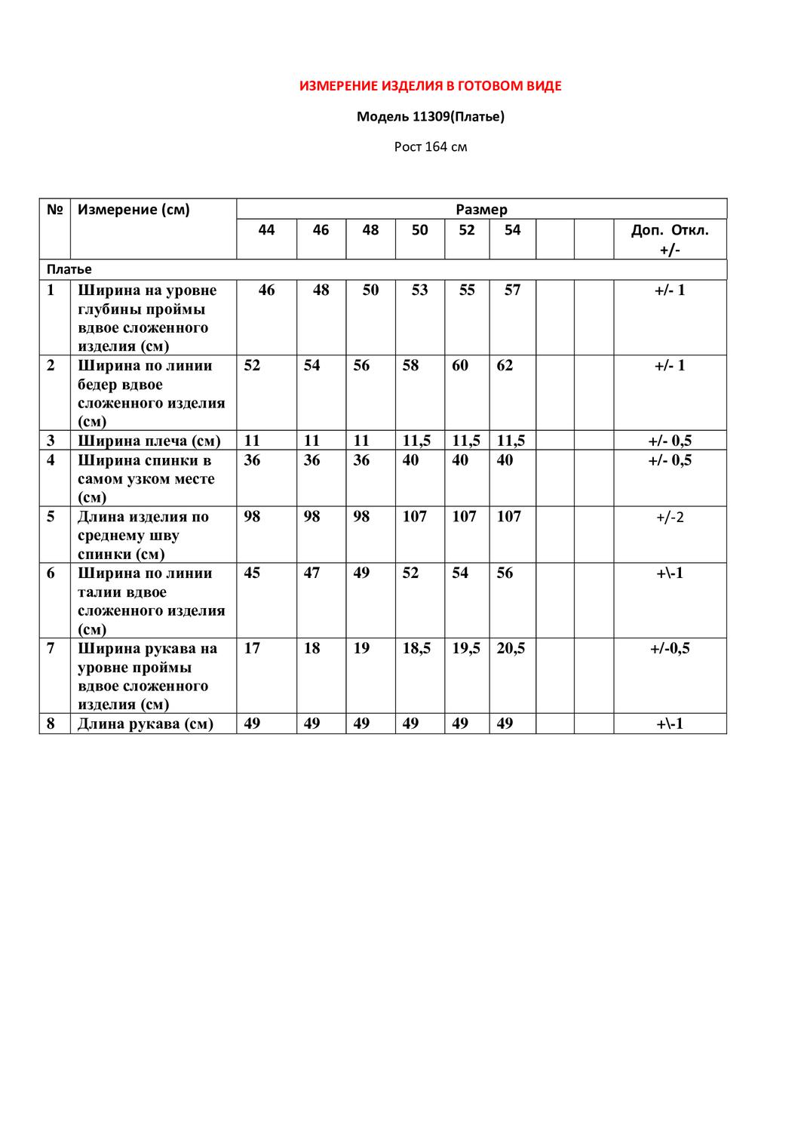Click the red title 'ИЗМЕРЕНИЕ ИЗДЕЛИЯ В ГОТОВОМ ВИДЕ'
click(430, 86)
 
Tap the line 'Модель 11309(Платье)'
click(430, 116)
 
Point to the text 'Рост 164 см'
click(430, 146)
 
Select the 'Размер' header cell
click(481, 210)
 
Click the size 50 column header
click(419, 230)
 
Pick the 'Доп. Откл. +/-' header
click(670, 239)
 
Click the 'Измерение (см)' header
click(133, 210)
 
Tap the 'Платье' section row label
click(69, 269)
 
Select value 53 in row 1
click(419, 290)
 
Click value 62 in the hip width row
click(505, 366)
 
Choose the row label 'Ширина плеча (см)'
click(149, 441)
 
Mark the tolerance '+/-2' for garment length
click(670, 518)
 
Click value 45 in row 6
click(252, 573)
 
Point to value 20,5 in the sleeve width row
click(511, 649)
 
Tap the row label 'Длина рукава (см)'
click(145, 724)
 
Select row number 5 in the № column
click(51, 517)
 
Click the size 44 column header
click(266, 230)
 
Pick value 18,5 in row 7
click(416, 649)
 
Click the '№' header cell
click(54, 210)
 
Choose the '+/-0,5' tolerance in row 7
click(670, 649)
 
